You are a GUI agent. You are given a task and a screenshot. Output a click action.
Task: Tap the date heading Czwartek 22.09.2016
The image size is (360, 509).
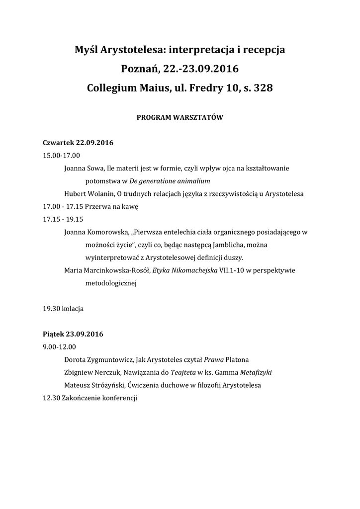(x=78, y=143)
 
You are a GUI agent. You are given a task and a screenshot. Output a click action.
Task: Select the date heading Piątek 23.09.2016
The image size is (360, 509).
(x=73, y=334)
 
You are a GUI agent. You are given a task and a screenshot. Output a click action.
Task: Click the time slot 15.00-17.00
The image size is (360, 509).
(x=61, y=156)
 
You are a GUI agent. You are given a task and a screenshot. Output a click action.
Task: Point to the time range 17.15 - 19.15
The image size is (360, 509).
(x=63, y=219)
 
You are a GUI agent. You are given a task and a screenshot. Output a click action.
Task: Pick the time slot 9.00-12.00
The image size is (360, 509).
(x=59, y=346)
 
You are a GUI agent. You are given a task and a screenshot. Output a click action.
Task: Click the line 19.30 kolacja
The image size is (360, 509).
(x=63, y=308)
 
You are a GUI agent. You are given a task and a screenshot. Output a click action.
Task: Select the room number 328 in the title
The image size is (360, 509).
(x=263, y=88)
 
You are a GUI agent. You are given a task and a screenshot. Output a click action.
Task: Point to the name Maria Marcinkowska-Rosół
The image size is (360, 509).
(x=107, y=270)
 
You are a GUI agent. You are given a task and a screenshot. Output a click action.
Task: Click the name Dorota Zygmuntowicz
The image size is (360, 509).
(x=98, y=359)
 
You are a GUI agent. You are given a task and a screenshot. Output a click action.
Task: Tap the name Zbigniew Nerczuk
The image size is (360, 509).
(x=92, y=372)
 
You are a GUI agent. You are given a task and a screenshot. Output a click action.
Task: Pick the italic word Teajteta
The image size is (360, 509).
(x=183, y=372)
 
